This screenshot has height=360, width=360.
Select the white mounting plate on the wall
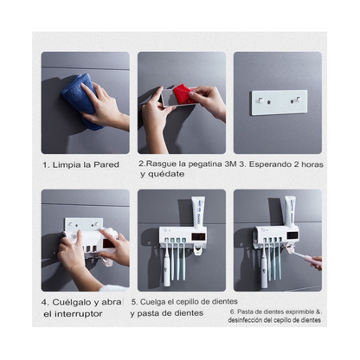coord(280,102)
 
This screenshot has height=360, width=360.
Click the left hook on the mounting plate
coord(265,100)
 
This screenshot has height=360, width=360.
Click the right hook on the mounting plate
coord(294,100)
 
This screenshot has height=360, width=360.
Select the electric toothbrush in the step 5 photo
coord(167,263)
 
